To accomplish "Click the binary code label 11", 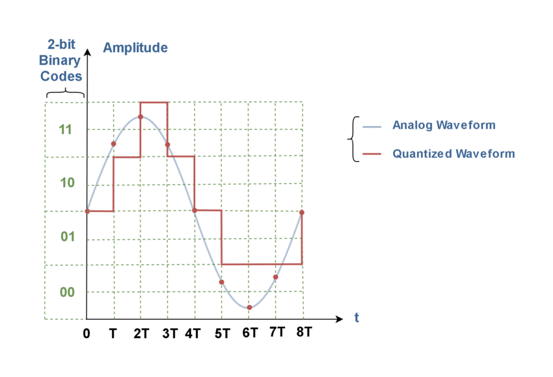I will coord(65,129).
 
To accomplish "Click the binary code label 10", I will coord(68,183).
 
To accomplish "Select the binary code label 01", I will coord(68,237).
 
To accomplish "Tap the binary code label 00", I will coord(68,292).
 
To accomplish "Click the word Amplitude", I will coord(135,47).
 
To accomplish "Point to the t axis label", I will coord(356,317).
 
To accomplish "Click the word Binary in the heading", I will coord(60,61).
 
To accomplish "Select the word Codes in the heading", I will coord(61,76).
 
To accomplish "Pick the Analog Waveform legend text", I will coord(444,125).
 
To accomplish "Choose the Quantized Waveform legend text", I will coord(453,154).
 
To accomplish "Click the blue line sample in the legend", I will coord(371,127).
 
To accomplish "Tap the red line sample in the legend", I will coord(371,155).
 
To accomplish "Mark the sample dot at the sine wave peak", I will coord(140,116).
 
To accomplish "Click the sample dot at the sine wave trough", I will coord(249,307).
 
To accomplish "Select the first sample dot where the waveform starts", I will coord(87,211).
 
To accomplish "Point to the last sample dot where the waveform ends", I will coord(302,213).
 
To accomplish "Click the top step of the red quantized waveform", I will coord(154,103).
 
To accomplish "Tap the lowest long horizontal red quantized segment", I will coord(261,264).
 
